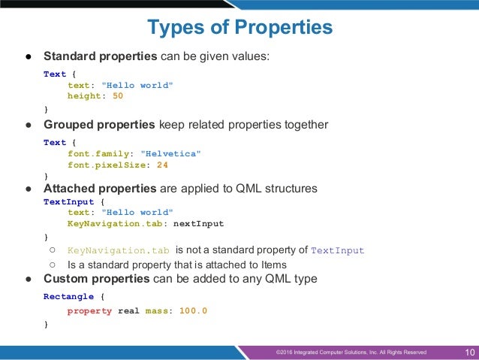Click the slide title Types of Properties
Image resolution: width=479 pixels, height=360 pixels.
(x=239, y=28)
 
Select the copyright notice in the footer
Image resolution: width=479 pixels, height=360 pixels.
(x=351, y=352)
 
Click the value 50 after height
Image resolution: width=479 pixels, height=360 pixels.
(x=118, y=96)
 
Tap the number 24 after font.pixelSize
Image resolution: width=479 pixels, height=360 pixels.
(x=162, y=165)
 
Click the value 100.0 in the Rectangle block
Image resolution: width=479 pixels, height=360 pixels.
(x=193, y=310)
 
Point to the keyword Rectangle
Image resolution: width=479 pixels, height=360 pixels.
(x=69, y=297)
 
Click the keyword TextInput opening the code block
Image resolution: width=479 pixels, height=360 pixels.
(x=69, y=201)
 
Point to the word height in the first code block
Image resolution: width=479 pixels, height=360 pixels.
(x=84, y=96)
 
